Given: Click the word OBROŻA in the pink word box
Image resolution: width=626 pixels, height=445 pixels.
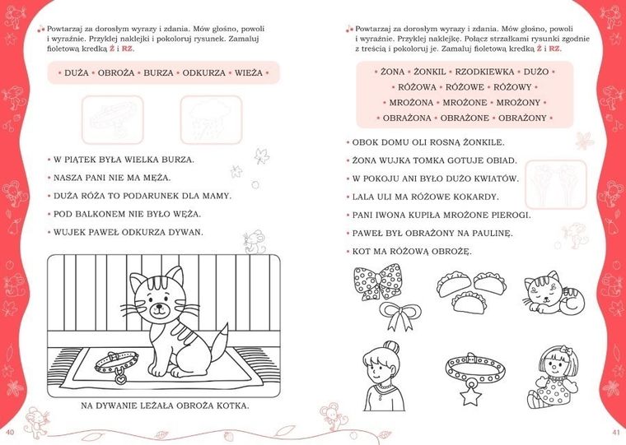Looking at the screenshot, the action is [116, 73].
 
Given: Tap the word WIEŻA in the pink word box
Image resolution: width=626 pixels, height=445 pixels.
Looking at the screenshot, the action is [248, 73].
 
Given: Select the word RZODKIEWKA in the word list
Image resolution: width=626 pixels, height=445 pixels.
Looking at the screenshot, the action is [484, 72].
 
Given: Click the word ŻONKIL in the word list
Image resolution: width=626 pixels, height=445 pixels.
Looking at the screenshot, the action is [430, 72].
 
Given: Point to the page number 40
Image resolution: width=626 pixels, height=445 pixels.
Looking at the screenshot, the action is [10, 432].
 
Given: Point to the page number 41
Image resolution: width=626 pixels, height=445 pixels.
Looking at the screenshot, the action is [615, 432].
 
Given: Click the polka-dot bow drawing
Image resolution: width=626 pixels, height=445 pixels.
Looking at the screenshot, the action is [377, 281].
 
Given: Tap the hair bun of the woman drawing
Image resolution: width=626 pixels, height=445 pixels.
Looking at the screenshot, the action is [391, 347].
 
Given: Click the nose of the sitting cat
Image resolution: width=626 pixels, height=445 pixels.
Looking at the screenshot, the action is [159, 307].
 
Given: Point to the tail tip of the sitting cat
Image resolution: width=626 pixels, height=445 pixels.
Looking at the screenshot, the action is [227, 324].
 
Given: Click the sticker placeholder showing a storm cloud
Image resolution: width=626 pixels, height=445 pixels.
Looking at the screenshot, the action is [211, 119].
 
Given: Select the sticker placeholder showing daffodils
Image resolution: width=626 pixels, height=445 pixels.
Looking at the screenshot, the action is [556, 184].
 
